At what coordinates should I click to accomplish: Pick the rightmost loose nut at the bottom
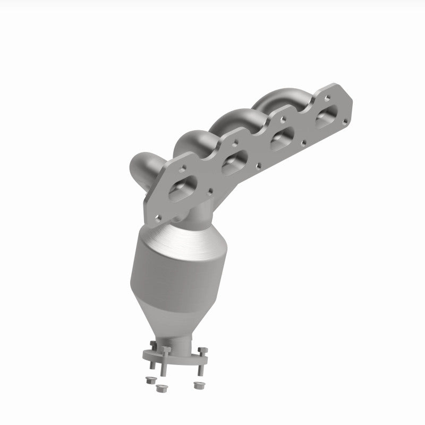199,384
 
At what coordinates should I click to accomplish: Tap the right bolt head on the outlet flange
202,350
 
